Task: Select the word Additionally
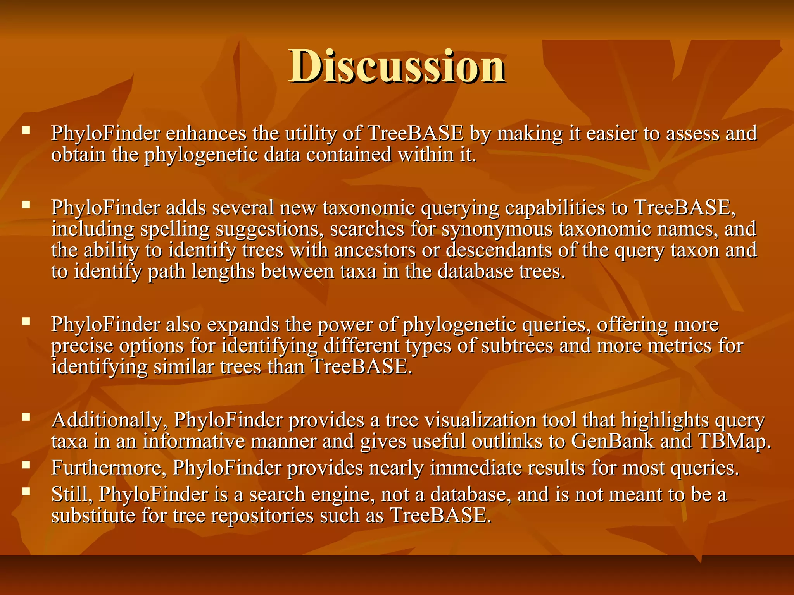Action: [106, 420]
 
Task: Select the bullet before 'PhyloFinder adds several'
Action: [26, 205]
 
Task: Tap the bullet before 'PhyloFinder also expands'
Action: [26, 321]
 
